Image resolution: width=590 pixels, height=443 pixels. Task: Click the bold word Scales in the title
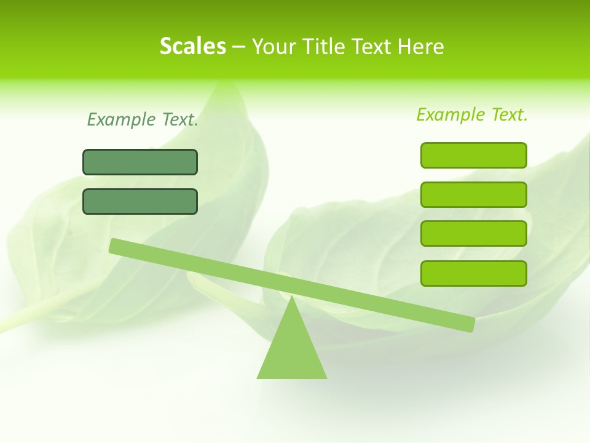(192, 47)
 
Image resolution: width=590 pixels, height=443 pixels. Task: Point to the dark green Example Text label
(143, 119)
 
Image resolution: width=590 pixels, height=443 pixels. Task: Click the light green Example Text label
(472, 114)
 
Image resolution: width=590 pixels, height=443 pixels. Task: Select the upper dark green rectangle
(140, 162)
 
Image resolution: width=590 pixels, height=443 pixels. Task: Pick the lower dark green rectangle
(140, 201)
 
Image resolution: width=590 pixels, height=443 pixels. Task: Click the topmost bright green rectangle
(473, 155)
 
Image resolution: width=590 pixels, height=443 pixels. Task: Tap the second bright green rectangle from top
(473, 194)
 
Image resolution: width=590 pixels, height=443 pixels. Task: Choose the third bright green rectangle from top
(473, 234)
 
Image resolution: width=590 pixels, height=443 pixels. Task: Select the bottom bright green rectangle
(473, 273)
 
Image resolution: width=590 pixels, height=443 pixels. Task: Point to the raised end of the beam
(115, 245)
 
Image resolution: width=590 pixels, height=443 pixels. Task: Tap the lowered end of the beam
(470, 324)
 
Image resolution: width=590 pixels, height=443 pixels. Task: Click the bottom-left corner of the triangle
(258, 377)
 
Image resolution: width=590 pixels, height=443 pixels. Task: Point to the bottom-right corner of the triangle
(326, 377)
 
